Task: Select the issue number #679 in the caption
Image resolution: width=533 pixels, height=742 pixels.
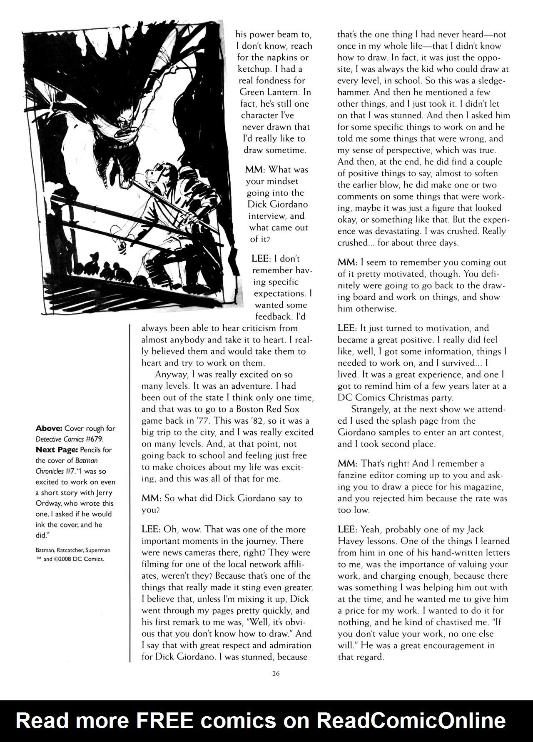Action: pyautogui.click(x=95, y=439)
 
